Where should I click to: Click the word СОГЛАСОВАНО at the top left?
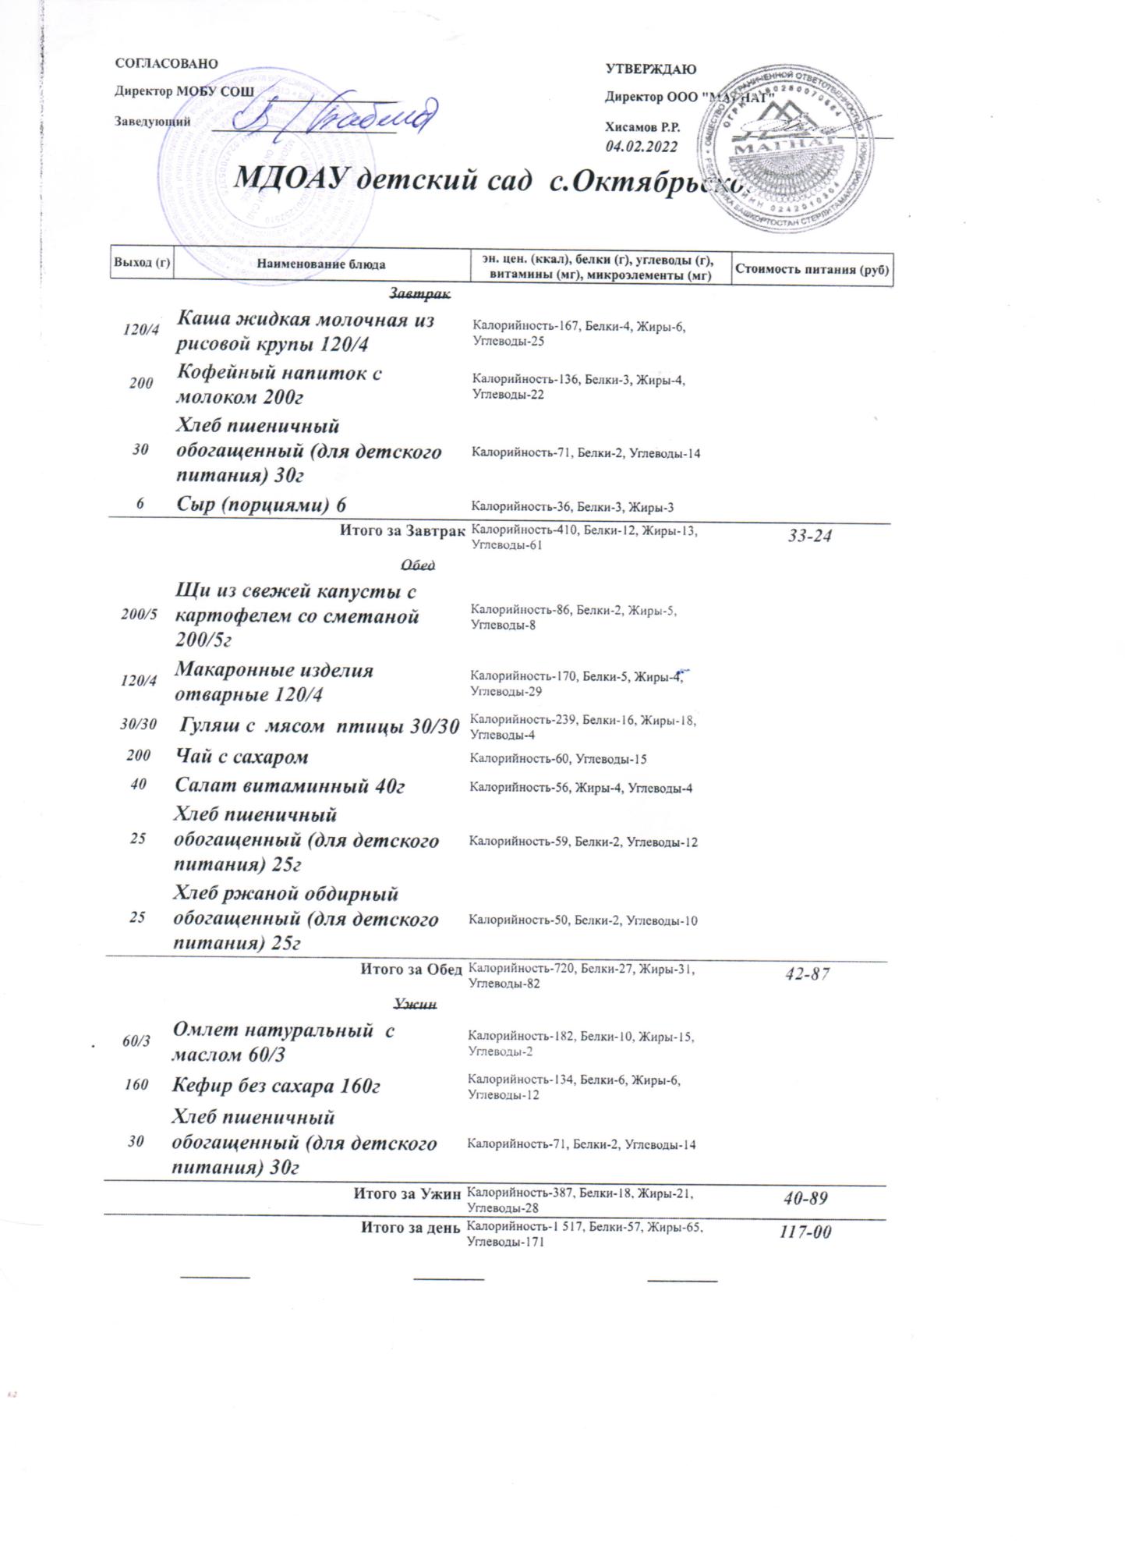[166, 64]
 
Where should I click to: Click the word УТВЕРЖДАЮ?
[650, 69]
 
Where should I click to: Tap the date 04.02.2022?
[642, 146]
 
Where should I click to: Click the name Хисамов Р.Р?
[642, 127]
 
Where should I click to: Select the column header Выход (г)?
[141, 264]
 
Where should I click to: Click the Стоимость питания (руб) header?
[812, 270]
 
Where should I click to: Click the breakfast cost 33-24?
[809, 536]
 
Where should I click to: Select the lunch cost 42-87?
[807, 974]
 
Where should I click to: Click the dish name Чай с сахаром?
[242, 757]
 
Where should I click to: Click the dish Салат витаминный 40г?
[289, 786]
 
